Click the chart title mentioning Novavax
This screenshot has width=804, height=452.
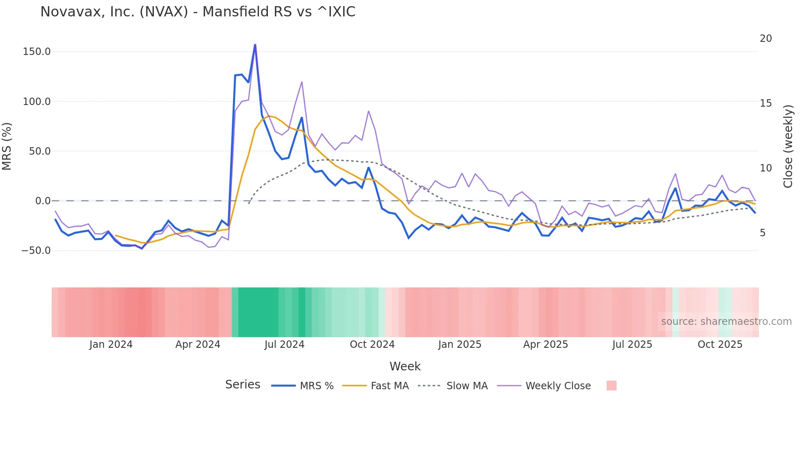click(x=198, y=12)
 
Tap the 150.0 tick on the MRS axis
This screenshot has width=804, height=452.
click(x=37, y=52)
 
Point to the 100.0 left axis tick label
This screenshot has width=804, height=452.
click(x=37, y=101)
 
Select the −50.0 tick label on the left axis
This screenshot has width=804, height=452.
click(x=36, y=250)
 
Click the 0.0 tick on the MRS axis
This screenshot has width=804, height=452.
click(x=43, y=201)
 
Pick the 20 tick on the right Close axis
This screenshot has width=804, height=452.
click(x=766, y=39)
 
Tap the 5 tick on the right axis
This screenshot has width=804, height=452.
click(x=763, y=233)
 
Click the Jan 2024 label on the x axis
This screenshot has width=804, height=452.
click(x=111, y=345)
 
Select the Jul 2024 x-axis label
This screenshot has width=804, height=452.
click(x=284, y=345)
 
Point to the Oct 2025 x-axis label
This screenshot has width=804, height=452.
click(x=720, y=345)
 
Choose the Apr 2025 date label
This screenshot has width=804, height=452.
click(x=546, y=345)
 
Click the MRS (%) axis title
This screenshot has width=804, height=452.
click(x=7, y=146)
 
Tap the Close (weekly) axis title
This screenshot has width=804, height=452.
click(x=788, y=146)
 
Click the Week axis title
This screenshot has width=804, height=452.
click(x=405, y=366)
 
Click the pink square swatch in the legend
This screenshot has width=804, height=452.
click(x=611, y=386)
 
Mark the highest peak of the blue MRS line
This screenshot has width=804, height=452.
click(x=255, y=44)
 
